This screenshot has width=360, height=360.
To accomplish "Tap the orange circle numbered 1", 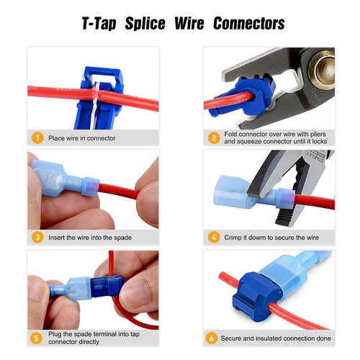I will pyautogui.click(x=36, y=137).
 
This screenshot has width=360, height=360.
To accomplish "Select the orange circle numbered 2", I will pyautogui.click(x=213, y=137).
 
